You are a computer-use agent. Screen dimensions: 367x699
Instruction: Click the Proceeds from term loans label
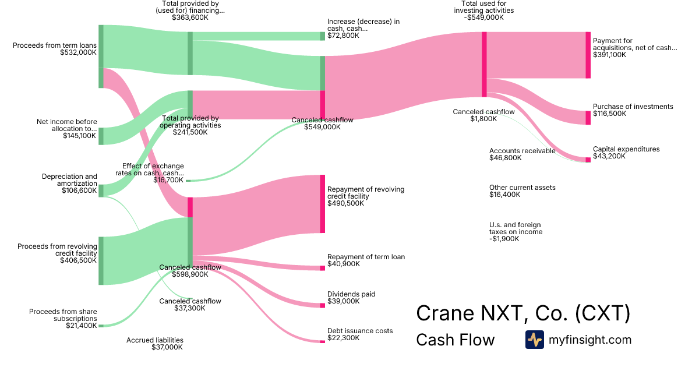54,45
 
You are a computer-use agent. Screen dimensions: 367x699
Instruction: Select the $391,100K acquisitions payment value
609,55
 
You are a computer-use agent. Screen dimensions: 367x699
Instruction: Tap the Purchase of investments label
633,107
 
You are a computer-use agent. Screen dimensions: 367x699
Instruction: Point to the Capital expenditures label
626,149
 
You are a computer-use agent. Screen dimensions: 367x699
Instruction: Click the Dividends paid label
351,294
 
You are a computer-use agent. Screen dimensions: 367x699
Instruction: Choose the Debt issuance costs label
360,331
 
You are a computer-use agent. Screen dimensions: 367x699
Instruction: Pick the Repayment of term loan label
366,257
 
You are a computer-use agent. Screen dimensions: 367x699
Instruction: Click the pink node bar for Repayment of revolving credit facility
322,203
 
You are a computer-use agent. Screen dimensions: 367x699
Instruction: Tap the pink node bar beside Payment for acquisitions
588,55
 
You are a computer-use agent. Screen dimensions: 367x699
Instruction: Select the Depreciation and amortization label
69,180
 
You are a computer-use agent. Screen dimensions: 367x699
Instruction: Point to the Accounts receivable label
522,151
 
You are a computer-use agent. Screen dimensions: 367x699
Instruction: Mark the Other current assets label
522,188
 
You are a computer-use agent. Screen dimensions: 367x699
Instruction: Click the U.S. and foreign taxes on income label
516,228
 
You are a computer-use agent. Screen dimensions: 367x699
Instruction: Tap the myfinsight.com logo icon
534,340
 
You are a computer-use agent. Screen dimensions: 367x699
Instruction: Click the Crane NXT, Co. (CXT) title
523,313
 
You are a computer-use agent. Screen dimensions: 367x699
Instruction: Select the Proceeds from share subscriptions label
63,315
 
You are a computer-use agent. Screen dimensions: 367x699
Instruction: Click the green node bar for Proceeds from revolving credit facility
101,260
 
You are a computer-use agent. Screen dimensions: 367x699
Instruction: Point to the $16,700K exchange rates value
168,180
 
